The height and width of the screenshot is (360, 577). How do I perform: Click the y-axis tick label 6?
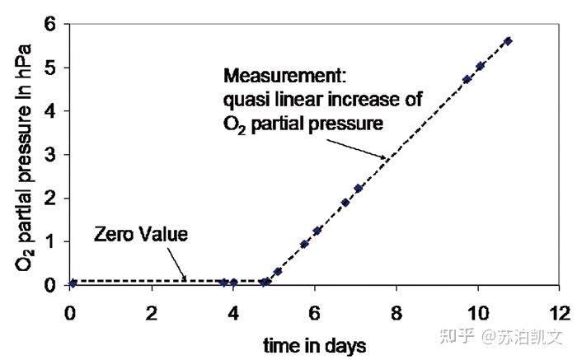pyautogui.click(x=49, y=25)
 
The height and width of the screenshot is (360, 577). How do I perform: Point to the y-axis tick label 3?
pyautogui.click(x=49, y=155)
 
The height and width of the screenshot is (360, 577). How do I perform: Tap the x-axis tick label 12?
pyautogui.click(x=560, y=313)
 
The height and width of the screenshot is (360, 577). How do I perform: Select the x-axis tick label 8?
pyautogui.click(x=396, y=313)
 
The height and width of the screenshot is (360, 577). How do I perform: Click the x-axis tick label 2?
pyautogui.click(x=152, y=313)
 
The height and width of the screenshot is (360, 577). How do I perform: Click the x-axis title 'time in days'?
pyautogui.click(x=315, y=346)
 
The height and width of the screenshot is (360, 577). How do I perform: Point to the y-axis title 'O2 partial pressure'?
pyautogui.click(x=24, y=158)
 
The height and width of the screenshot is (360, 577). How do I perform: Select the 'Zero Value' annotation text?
pyautogui.click(x=141, y=234)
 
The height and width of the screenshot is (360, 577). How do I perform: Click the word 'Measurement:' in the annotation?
pyautogui.click(x=285, y=76)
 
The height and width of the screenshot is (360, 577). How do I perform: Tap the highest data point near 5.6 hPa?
pyautogui.click(x=508, y=41)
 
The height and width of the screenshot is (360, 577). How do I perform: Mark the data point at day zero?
pyautogui.click(x=73, y=283)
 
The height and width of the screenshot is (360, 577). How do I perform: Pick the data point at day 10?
pyautogui.click(x=480, y=66)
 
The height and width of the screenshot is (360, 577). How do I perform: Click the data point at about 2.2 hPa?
pyautogui.click(x=358, y=189)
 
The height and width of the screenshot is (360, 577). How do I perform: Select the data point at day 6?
pyautogui.click(x=317, y=231)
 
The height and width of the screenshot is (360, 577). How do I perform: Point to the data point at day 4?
pyautogui.click(x=233, y=283)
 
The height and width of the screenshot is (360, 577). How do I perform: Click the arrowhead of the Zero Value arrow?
pyautogui.click(x=184, y=278)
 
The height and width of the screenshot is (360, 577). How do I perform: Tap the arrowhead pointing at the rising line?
pyautogui.click(x=383, y=157)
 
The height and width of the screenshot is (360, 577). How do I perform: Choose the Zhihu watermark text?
pyautogui.click(x=501, y=336)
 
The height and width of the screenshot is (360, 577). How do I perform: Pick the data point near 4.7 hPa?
pyautogui.click(x=467, y=79)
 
